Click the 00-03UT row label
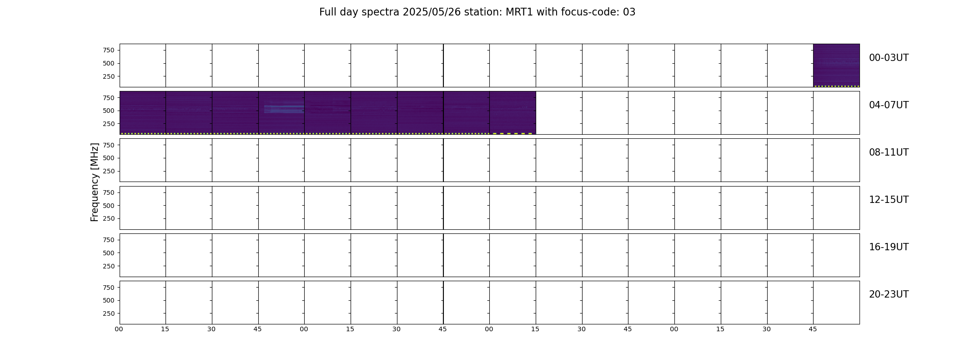(x=889, y=58)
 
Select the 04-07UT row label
(x=889, y=105)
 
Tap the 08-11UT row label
(x=889, y=152)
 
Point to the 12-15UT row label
(x=889, y=200)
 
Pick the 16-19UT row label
(x=889, y=247)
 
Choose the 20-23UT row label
(x=889, y=294)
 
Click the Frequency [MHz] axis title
(x=95, y=182)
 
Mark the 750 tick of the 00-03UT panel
(x=109, y=50)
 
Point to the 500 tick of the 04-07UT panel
(x=109, y=111)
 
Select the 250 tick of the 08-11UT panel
(x=109, y=171)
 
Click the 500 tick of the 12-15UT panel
(x=109, y=206)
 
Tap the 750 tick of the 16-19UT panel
(x=109, y=240)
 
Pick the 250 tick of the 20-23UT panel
(x=109, y=313)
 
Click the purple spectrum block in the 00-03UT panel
(x=836, y=65)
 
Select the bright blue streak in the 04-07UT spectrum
(x=284, y=109)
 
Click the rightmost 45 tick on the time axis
(x=813, y=329)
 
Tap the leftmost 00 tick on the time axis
(x=119, y=329)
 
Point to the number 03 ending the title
(x=629, y=12)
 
